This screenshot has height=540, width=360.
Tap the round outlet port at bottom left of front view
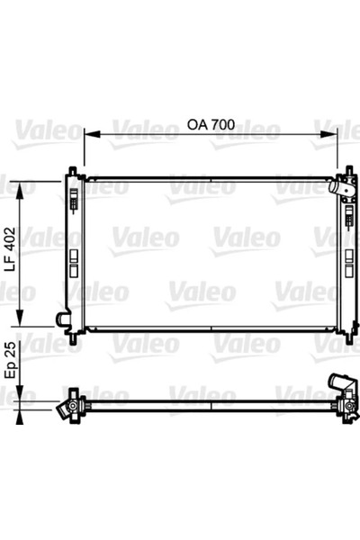[61, 319]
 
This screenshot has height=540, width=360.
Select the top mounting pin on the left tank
[72, 169]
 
